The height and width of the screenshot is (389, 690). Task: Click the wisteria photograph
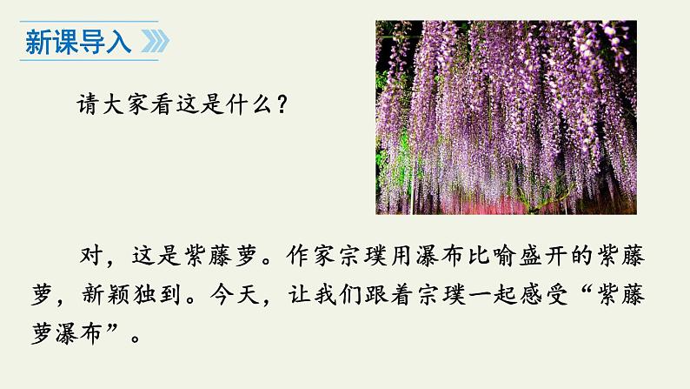coord(506,117)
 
